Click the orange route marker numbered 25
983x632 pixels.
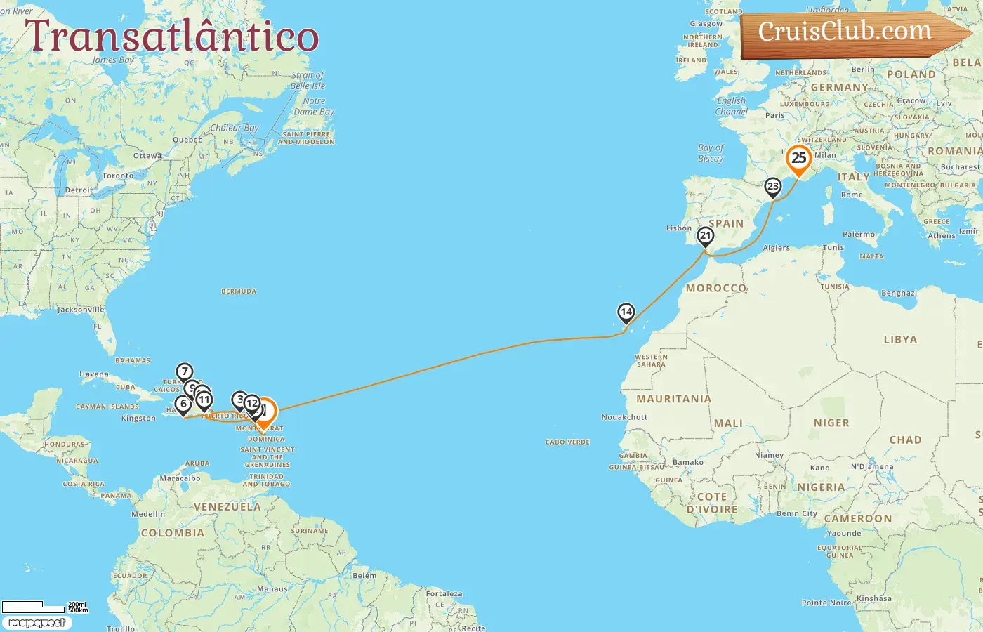tap(799, 158)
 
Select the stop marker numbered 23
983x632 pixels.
tap(773, 187)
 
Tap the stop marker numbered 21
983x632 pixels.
tap(706, 237)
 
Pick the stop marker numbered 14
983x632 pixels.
tap(626, 312)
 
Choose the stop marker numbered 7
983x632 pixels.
tap(184, 372)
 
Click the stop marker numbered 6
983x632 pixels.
tap(184, 404)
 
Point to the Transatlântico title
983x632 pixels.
tap(172, 37)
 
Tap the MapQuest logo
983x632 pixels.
tap(37, 623)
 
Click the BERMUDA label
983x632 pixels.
tap(239, 291)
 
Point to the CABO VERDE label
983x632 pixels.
tap(567, 442)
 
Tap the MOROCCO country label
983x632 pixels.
tap(715, 288)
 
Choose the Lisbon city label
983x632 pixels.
tap(679, 228)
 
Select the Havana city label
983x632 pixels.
tap(94, 374)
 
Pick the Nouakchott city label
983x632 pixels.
tap(624, 417)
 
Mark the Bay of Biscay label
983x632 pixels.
tap(711, 153)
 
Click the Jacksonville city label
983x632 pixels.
tap(81, 310)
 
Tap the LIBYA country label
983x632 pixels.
tap(900, 339)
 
